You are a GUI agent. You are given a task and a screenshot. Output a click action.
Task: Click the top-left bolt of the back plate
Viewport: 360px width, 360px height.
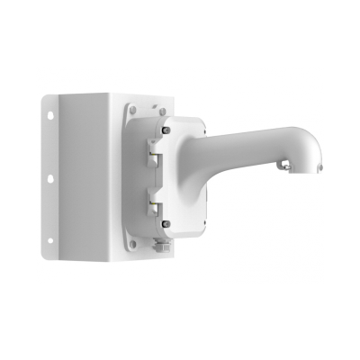click(x=133, y=110)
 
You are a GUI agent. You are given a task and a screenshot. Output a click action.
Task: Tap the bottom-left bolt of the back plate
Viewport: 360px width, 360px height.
click(x=133, y=240)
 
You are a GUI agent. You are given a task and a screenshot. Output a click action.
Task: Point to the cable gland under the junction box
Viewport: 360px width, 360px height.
click(x=163, y=245)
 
